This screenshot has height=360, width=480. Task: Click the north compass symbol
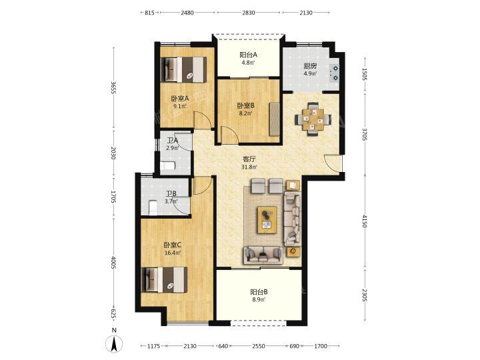pyautogui.click(x=114, y=343)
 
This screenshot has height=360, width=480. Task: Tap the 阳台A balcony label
pyautogui.click(x=248, y=55)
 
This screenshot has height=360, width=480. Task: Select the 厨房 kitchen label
pyautogui.click(x=310, y=66)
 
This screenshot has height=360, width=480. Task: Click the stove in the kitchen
pyautogui.click(x=334, y=73)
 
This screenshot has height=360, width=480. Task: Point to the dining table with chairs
pyautogui.click(x=313, y=119)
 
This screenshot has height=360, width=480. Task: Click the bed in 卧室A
pyautogui.click(x=184, y=70)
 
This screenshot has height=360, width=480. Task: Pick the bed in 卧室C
pyautogui.click(x=165, y=280)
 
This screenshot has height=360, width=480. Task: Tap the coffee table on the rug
pyautogui.click(x=267, y=220)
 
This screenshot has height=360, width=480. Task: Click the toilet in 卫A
pyautogui.click(x=167, y=165)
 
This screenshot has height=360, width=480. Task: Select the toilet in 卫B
pyautogui.click(x=153, y=208)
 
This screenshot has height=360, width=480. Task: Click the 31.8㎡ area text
pyautogui.click(x=249, y=167)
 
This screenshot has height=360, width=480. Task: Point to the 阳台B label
pyautogui.click(x=259, y=292)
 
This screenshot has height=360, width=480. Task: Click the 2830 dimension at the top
pyautogui.click(x=248, y=13)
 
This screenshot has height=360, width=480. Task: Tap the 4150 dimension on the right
pyautogui.click(x=364, y=221)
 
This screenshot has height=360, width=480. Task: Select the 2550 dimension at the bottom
pyautogui.click(x=259, y=346)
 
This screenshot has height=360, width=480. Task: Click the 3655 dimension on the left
pyautogui.click(x=114, y=87)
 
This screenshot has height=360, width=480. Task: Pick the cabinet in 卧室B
pyautogui.click(x=275, y=119)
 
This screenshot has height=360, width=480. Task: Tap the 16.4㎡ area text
pyautogui.click(x=173, y=253)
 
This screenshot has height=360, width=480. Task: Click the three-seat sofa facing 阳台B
pyautogui.click(x=263, y=255)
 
